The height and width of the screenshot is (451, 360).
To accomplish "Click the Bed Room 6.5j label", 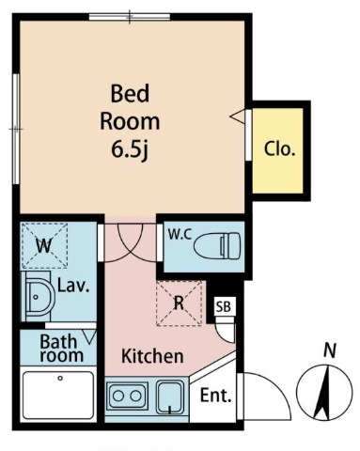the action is pos(130,122).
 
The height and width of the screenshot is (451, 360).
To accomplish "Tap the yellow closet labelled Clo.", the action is pos(278,150).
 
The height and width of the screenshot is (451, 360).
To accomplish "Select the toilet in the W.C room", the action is pos(217,245).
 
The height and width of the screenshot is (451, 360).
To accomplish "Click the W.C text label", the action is pos(180,235).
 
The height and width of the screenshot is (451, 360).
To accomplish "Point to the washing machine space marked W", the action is pos(44,245).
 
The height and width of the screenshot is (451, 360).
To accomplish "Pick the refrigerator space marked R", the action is pos(179,303).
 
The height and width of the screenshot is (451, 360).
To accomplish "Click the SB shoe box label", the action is pos(224,306).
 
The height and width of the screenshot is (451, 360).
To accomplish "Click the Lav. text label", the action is pos(73,286).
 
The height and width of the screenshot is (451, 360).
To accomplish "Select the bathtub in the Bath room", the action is pos(58,396).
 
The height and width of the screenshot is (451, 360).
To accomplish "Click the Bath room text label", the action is pos(61,349).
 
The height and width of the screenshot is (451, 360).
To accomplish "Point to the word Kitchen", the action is pos(152,356).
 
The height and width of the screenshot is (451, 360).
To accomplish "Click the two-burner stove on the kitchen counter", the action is pos(127,396).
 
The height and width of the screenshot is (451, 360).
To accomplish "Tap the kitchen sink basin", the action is pos(170,397).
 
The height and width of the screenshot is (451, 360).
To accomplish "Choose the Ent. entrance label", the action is pos(216,396).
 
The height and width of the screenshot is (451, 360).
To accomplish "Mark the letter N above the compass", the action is pos(330,350).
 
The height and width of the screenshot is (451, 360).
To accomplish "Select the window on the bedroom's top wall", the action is pos(130,17).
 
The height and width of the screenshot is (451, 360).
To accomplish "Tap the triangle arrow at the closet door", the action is pos(237,117).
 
